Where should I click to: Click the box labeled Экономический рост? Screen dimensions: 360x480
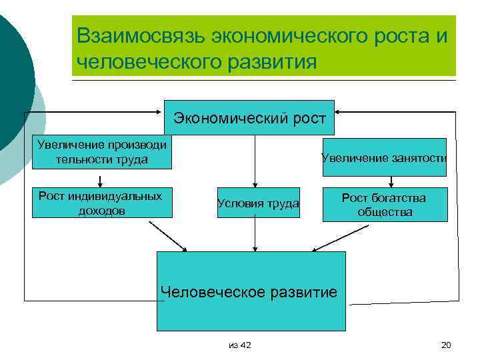point(249,118)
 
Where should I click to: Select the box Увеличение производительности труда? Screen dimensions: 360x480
point(102,153)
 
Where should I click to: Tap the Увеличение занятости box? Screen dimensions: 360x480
point(384,157)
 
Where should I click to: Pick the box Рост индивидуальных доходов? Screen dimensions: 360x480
point(101,203)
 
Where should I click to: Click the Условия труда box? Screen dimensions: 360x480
point(258,203)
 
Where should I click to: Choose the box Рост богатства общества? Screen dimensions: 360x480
point(384,205)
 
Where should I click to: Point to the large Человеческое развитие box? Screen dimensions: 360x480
point(251,291)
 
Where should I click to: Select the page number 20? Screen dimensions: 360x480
point(447,345)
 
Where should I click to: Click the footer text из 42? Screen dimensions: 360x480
point(239,345)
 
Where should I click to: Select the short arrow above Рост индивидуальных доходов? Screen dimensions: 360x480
point(100,180)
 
